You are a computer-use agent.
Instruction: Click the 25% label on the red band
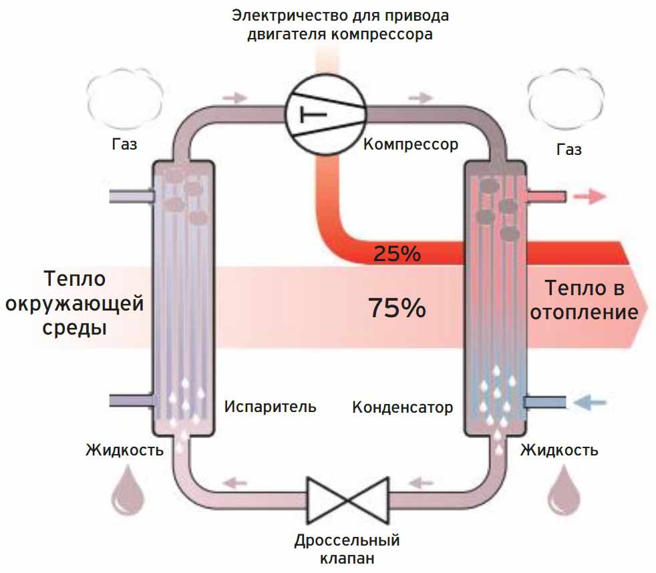397,254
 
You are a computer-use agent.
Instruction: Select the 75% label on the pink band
397,308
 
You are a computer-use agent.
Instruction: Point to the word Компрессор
411,144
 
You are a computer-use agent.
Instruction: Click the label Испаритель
270,406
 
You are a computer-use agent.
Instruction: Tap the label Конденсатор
402,407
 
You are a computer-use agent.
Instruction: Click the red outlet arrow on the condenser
590,196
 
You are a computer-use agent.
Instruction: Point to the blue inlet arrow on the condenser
591,402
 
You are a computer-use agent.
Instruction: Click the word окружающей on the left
74,305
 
